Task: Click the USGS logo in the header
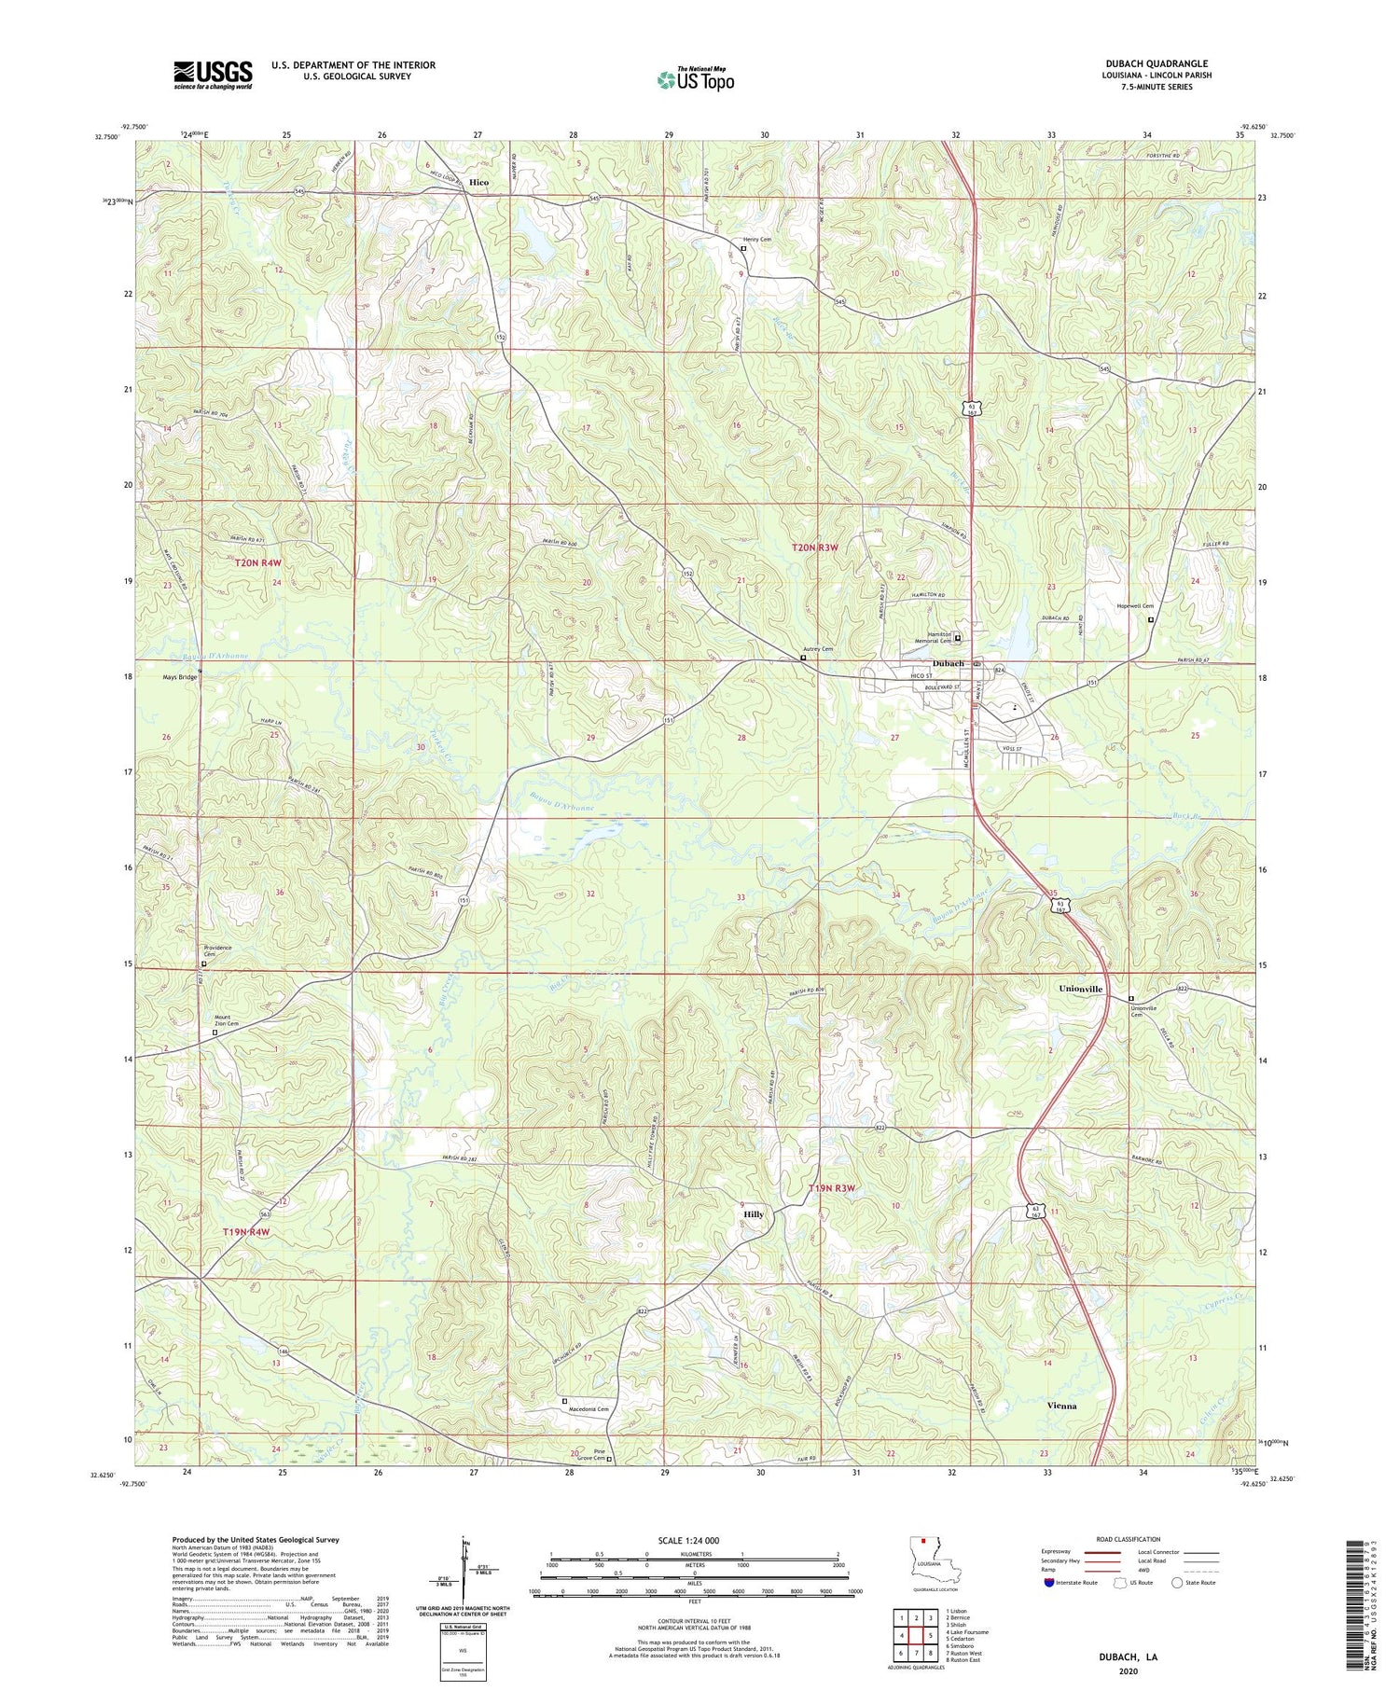(213, 75)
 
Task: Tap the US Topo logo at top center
(695, 79)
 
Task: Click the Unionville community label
(1080, 989)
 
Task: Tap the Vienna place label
(1060, 1406)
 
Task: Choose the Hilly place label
(754, 1214)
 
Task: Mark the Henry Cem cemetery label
(756, 240)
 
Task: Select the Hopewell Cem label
(1135, 606)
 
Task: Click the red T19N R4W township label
(245, 1232)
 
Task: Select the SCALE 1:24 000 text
(695, 1541)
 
